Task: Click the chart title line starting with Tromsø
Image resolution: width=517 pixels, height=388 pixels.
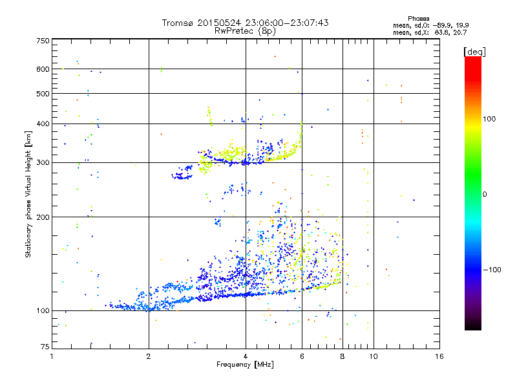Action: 245,23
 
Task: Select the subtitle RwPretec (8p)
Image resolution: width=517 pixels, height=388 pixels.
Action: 245,30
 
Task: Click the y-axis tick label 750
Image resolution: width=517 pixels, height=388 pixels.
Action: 43,40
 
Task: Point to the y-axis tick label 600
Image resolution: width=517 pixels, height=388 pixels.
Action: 43,69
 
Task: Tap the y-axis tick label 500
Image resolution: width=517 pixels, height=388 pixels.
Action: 43,94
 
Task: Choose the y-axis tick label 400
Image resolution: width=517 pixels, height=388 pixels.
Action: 43,124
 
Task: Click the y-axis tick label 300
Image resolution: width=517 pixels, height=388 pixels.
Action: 43,162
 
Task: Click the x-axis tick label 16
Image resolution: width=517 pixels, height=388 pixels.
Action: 439,356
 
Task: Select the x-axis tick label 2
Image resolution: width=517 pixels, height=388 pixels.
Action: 149,356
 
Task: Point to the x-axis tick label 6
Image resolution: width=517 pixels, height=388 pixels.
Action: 302,356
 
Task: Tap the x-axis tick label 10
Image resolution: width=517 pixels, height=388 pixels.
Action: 373,356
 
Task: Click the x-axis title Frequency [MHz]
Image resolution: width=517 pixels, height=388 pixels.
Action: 245,365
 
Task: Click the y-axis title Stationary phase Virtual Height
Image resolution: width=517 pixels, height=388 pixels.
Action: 28,195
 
